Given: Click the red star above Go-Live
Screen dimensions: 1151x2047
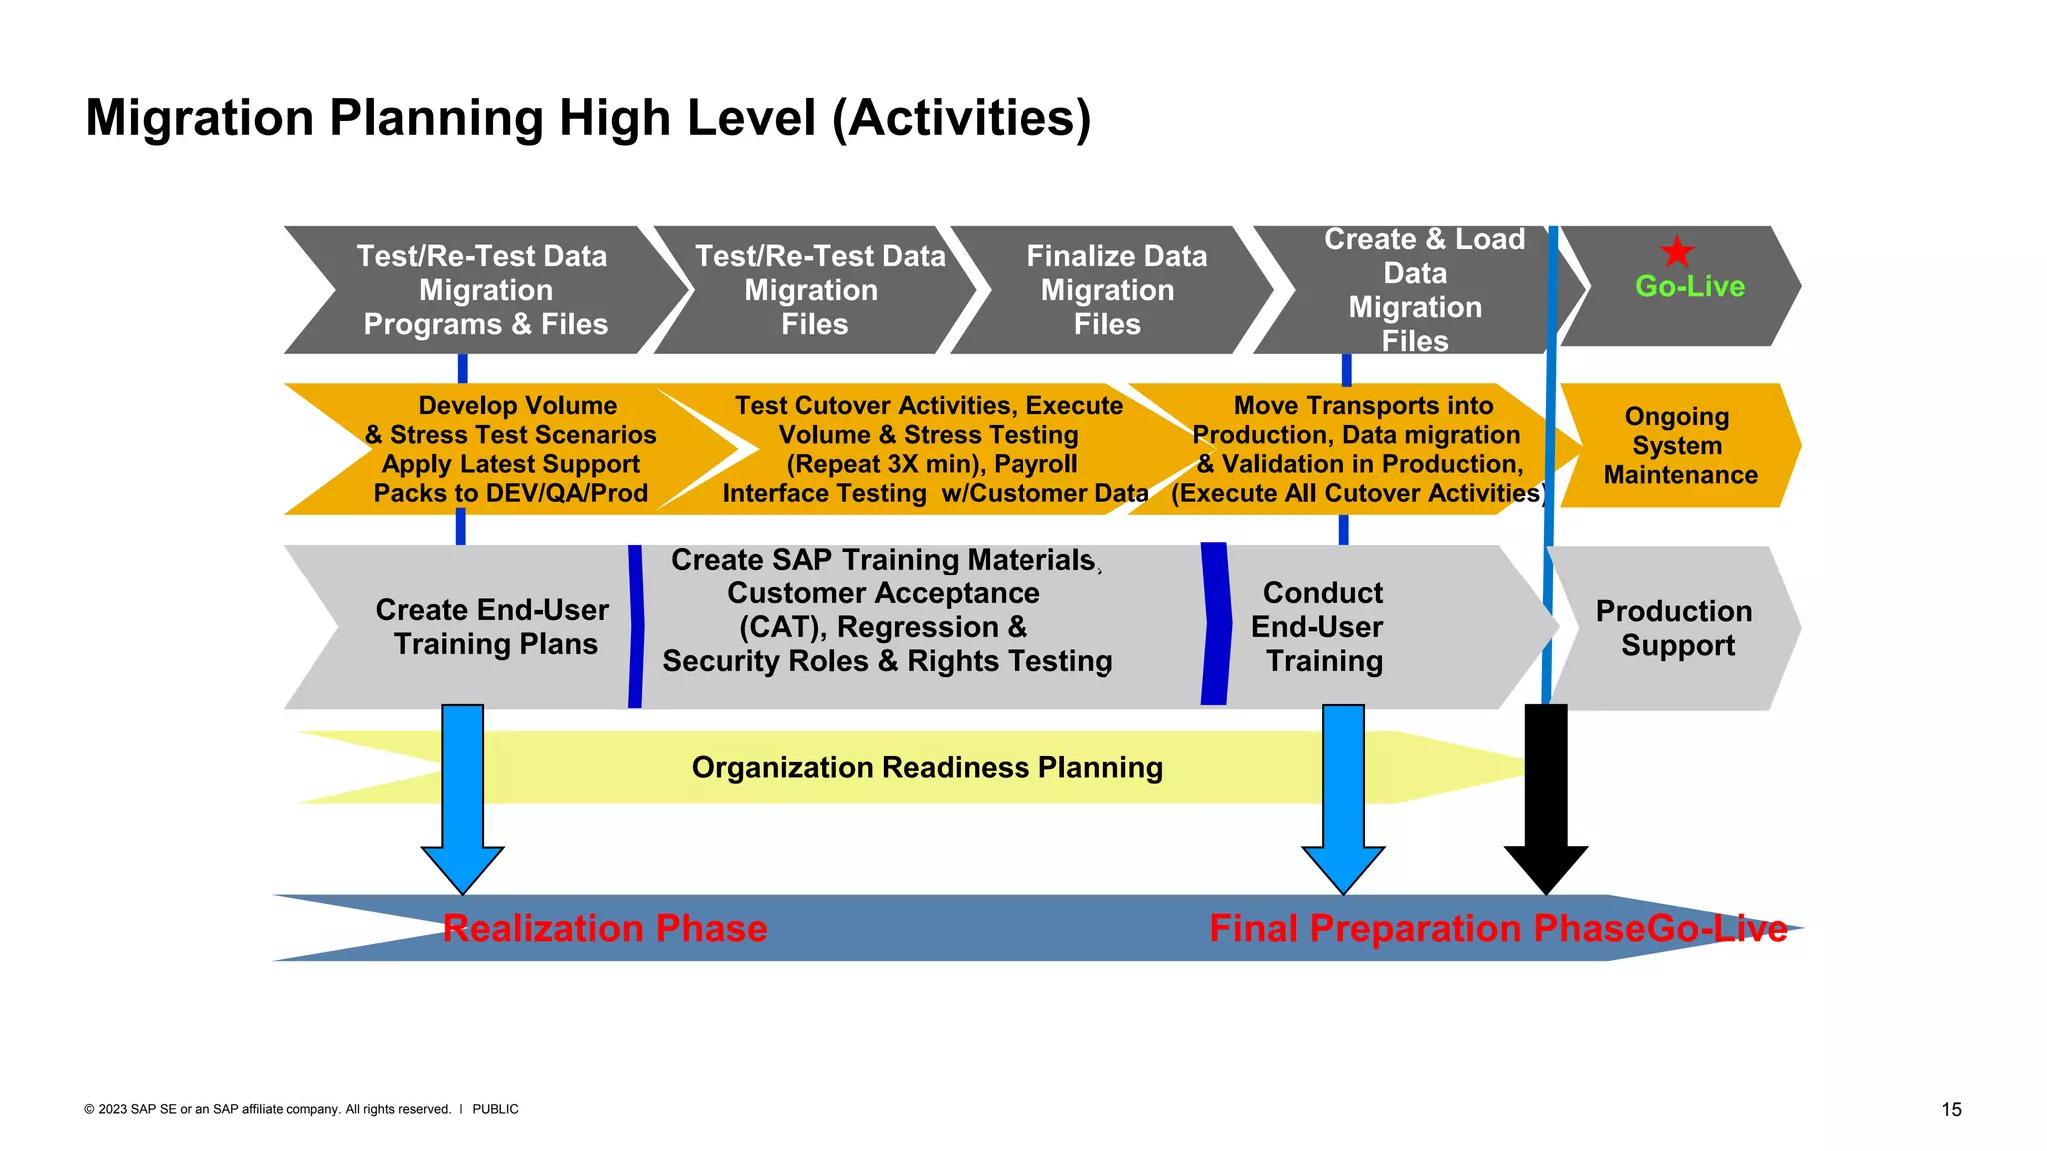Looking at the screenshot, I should point(1676,251).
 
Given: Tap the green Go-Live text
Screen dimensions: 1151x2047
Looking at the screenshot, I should point(1689,287).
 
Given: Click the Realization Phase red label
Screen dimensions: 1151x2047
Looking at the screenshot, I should point(605,929).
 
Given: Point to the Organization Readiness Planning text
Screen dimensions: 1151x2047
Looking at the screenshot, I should point(927,768).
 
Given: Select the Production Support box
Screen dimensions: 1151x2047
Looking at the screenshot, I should point(1675,628).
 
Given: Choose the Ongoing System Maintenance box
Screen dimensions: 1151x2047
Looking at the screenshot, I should point(1679,446).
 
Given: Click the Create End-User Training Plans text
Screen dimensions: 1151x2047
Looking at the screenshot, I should point(493,627).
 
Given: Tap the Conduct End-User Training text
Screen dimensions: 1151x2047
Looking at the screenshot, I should point(1320,627).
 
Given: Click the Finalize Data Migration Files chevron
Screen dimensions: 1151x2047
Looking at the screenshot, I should point(1109,290).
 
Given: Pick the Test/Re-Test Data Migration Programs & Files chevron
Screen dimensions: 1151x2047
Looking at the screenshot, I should point(484,290).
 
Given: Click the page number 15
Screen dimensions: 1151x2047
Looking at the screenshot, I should point(1951,1110).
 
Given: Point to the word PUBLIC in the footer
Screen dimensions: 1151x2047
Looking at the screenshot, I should point(495,1110).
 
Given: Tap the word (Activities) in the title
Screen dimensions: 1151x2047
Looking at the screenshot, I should point(962,118).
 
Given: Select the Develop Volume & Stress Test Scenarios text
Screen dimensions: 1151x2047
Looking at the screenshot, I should point(512,449).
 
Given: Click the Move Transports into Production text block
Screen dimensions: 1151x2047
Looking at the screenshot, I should point(1359,449).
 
